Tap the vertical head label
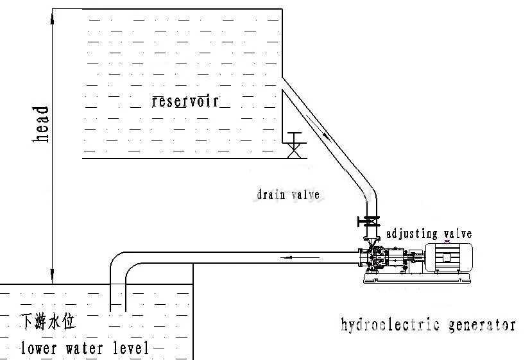[43, 124]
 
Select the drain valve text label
[288, 194]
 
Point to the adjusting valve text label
[429, 234]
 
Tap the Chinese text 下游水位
[44, 321]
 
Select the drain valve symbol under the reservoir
[295, 144]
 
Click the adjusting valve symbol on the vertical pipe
[368, 222]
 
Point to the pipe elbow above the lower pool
[120, 265]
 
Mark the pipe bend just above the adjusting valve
[369, 193]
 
